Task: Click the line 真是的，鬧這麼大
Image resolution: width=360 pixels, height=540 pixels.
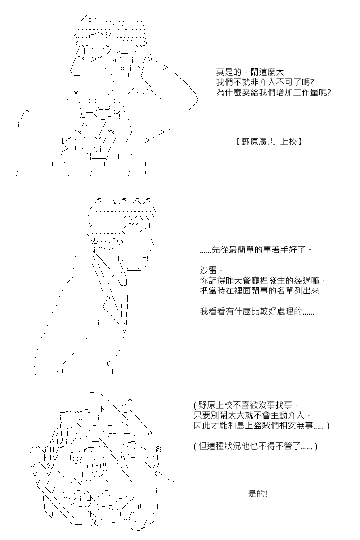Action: (x=250, y=72)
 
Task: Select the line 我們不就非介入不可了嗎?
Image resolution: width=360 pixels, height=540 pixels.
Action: (x=265, y=82)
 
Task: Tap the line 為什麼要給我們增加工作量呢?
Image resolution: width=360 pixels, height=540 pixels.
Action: (x=274, y=92)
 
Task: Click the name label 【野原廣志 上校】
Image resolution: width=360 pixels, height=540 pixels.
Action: (x=269, y=141)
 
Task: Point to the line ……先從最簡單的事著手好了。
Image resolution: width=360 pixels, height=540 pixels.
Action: (x=256, y=250)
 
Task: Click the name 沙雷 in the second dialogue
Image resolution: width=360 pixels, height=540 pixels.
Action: (x=208, y=270)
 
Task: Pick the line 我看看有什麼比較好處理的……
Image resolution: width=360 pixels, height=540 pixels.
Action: (x=257, y=311)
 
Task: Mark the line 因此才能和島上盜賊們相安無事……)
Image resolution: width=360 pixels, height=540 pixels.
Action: (x=261, y=426)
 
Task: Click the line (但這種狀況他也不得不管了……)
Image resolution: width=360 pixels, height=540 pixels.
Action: (x=256, y=446)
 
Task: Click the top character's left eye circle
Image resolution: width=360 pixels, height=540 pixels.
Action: (x=104, y=68)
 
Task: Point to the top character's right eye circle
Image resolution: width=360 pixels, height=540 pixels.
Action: (x=122, y=68)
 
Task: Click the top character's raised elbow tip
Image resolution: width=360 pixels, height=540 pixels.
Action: (x=197, y=99)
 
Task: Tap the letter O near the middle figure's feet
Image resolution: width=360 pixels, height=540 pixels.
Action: (x=109, y=363)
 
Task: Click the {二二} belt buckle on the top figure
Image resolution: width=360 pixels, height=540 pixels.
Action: (x=99, y=157)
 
